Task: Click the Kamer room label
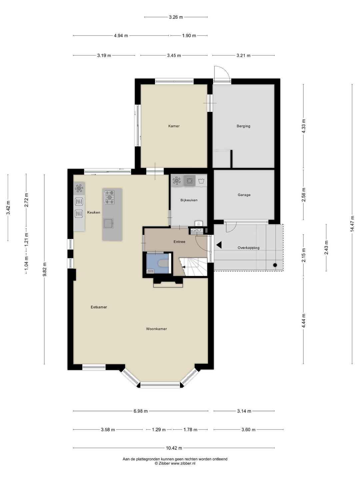[x=174, y=126]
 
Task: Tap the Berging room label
[x=243, y=126]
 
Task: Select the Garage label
[x=244, y=195]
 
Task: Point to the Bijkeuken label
[x=189, y=200]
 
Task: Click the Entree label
[x=179, y=242]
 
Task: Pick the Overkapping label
[x=249, y=248]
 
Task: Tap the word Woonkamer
[x=156, y=329]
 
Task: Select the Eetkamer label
[x=99, y=307]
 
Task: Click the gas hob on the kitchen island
[x=109, y=197]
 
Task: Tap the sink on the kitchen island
[x=109, y=223]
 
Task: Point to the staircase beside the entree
[x=193, y=267]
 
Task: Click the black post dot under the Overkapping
[x=275, y=265]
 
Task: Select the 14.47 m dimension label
[x=352, y=224]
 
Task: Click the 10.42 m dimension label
[x=174, y=448]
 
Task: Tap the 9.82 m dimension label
[x=44, y=269]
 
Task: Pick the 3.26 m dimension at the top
[x=176, y=17]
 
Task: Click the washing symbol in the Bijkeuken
[x=201, y=181]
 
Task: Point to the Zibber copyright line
[x=175, y=463]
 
